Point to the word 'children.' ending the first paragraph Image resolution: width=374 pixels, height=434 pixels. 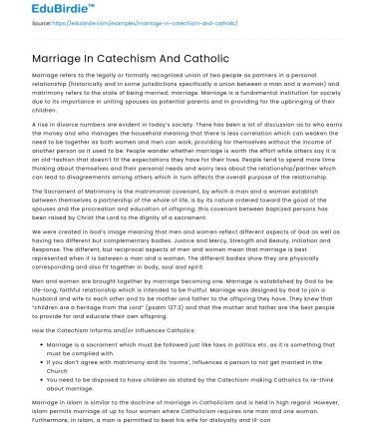[49, 127]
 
